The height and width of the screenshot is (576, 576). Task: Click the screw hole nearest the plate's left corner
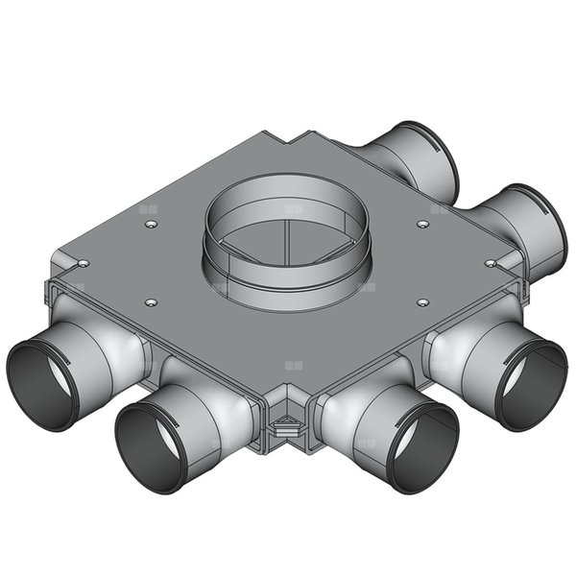pos(84,262)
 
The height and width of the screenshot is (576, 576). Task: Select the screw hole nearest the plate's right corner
pos(491,262)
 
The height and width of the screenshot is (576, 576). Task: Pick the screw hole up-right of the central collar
pos(423,224)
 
